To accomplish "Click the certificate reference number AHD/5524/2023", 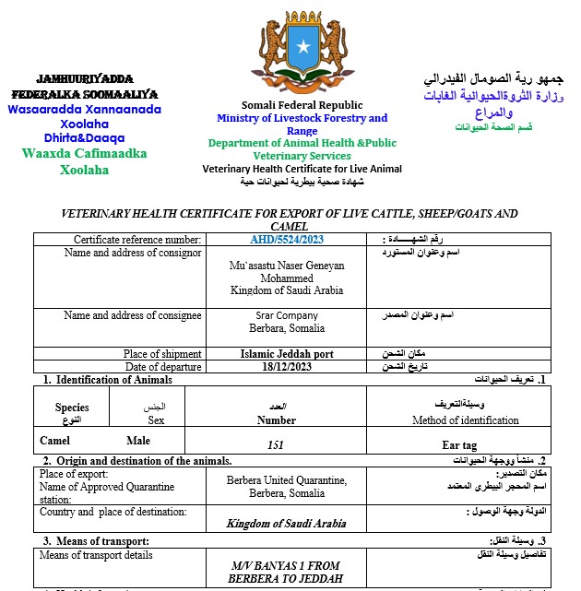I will [x=287, y=240].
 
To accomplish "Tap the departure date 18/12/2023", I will [x=287, y=366].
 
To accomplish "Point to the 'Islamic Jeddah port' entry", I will [x=287, y=354].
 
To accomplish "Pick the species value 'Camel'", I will [x=55, y=441].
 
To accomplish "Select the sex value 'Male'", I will [x=138, y=441].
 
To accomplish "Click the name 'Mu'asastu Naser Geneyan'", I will [x=287, y=266].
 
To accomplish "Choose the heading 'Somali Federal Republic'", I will [x=302, y=105].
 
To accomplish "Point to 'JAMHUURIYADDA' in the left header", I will [x=84, y=79].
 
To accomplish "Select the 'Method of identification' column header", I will [x=465, y=420].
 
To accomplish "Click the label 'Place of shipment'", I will [x=162, y=354].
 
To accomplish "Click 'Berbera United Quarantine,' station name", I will [x=287, y=479].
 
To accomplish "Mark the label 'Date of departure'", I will [x=162, y=366].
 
